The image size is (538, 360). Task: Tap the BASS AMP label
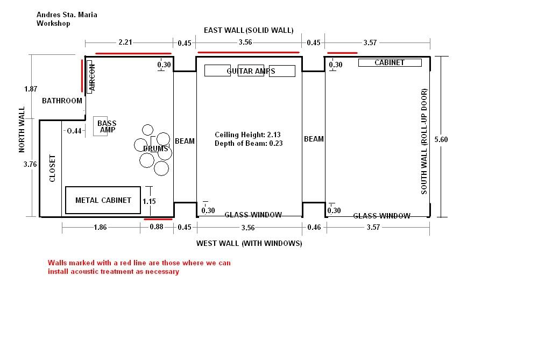pyautogui.click(x=107, y=126)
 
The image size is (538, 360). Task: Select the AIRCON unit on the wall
pyautogui.click(x=90, y=76)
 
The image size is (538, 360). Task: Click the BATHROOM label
pyautogui.click(x=62, y=101)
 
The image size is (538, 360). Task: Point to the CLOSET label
pyautogui.click(x=53, y=168)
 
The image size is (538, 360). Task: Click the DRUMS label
pyautogui.click(x=155, y=149)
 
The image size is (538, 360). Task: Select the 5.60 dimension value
pyautogui.click(x=441, y=139)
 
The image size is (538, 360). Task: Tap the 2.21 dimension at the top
pyautogui.click(x=125, y=42)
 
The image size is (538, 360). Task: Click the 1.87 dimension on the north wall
pyautogui.click(x=31, y=89)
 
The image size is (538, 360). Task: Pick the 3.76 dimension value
pyautogui.click(x=30, y=164)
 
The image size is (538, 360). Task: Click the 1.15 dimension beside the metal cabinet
pyautogui.click(x=149, y=201)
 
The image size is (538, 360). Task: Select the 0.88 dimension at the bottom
pyautogui.click(x=157, y=227)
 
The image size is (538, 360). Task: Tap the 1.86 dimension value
pyautogui.click(x=100, y=227)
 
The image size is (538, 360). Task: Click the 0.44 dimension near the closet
pyautogui.click(x=74, y=131)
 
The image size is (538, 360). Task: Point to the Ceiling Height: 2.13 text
pyautogui.click(x=247, y=135)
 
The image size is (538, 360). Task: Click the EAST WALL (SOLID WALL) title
pyautogui.click(x=249, y=30)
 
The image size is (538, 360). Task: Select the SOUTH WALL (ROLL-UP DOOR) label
pyautogui.click(x=424, y=142)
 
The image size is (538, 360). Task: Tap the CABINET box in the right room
pyautogui.click(x=390, y=62)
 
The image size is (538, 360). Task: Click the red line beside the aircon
pyautogui.click(x=82, y=76)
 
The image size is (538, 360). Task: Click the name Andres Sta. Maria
pyautogui.click(x=67, y=15)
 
